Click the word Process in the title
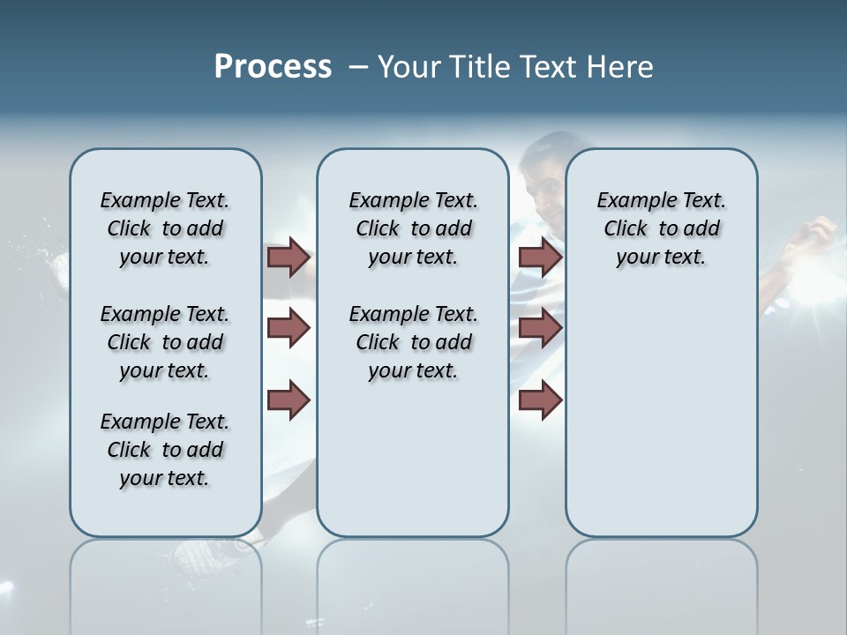coord(273,67)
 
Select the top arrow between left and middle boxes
coord(289,258)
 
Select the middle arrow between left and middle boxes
coord(289,329)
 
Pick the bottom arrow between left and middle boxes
coord(289,400)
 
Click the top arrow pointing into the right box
coord(540,258)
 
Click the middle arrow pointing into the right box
coord(540,329)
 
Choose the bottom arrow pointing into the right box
coord(540,400)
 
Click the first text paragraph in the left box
coord(165,228)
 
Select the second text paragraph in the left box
coord(165,342)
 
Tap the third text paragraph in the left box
coord(165,450)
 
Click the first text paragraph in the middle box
coord(413,228)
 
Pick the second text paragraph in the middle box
coord(413,342)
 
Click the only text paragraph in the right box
coord(661,228)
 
